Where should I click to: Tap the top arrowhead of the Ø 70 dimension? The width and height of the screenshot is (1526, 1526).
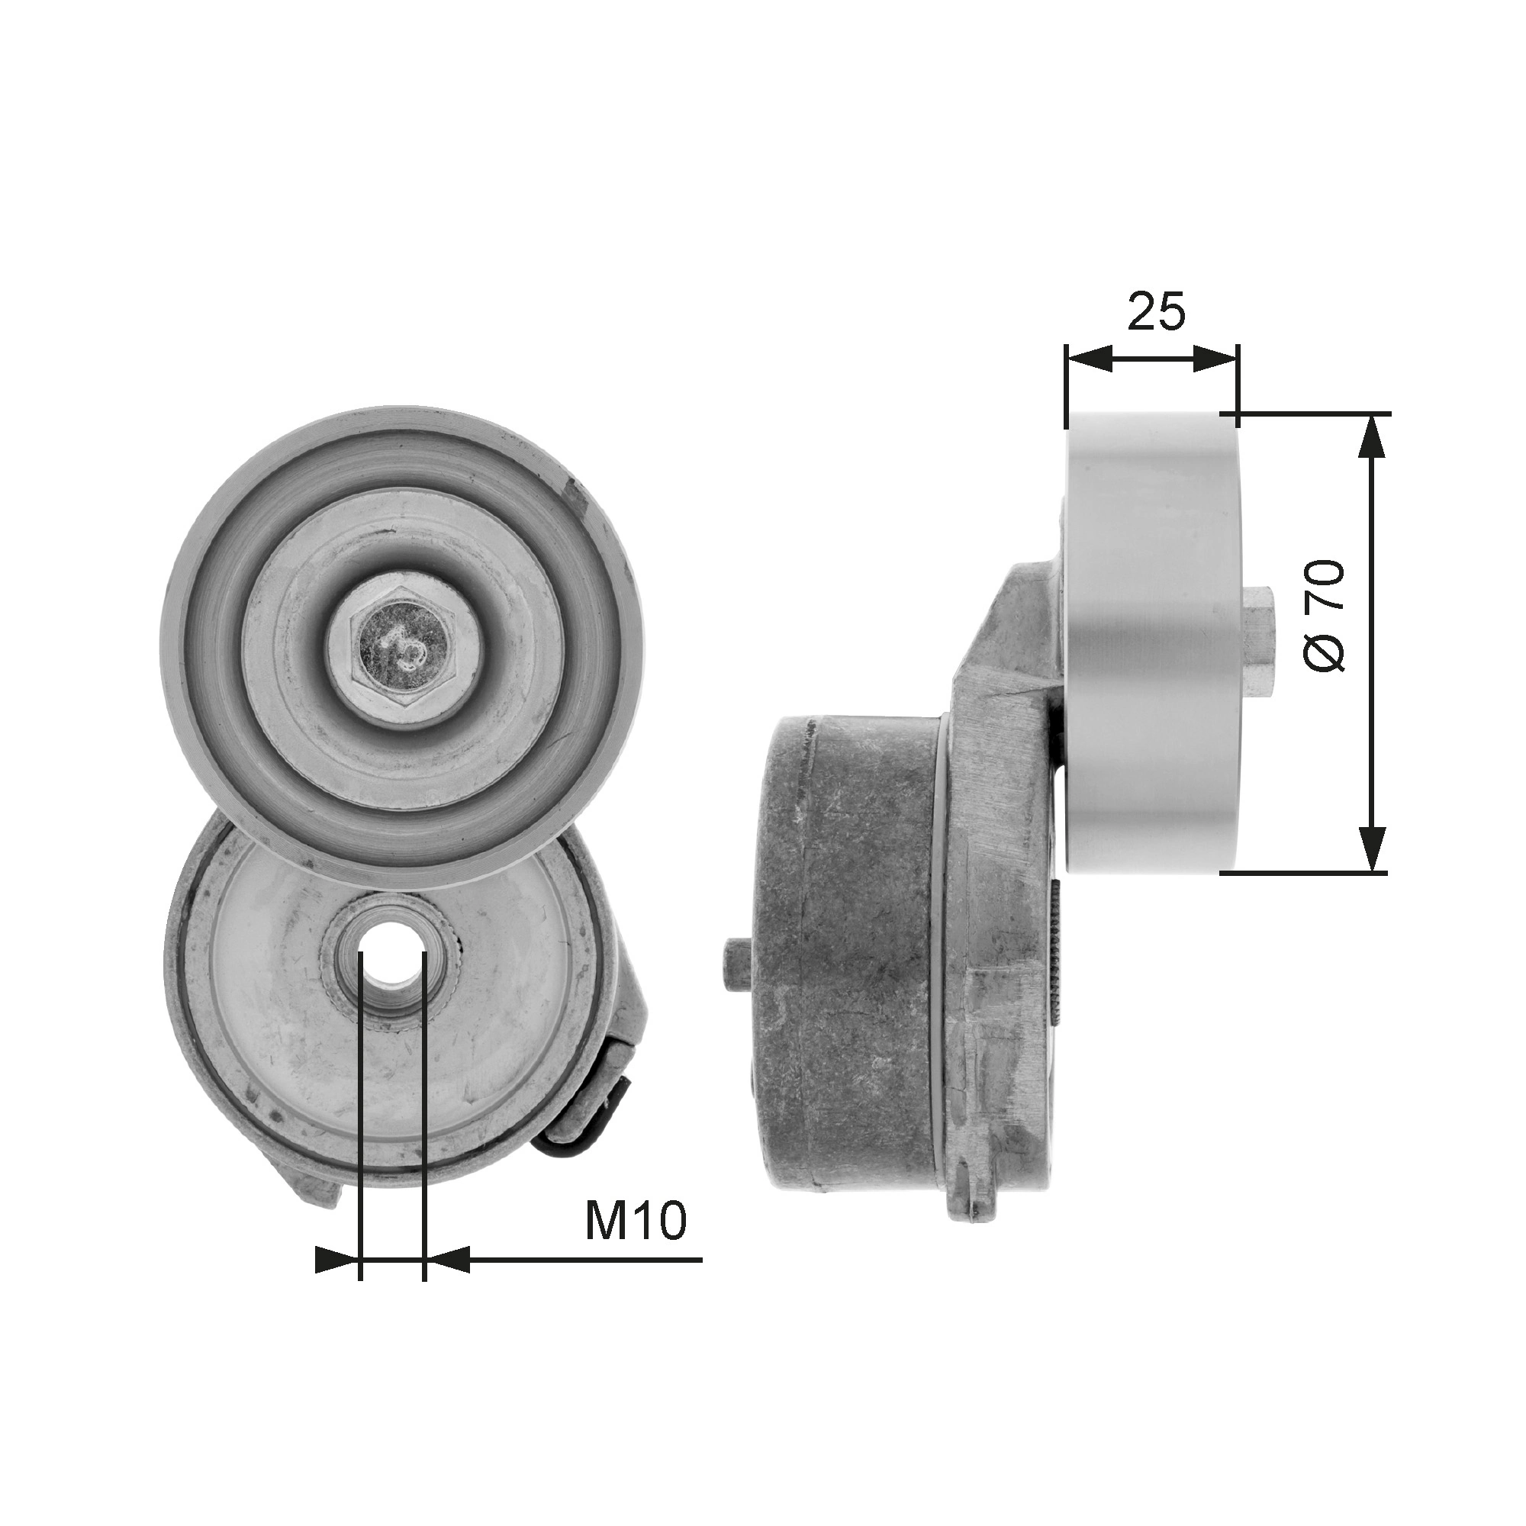(x=1373, y=436)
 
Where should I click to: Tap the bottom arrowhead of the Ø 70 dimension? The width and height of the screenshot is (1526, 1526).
(x=1373, y=850)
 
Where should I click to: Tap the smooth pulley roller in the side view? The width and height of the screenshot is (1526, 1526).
(x=1151, y=642)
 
